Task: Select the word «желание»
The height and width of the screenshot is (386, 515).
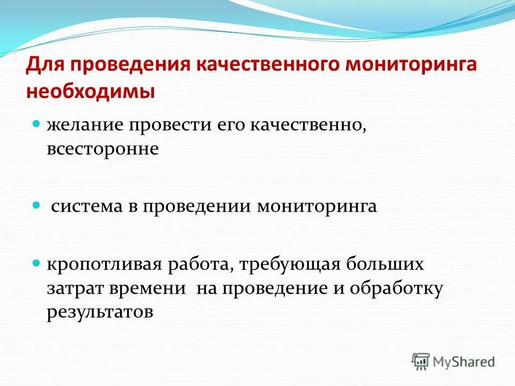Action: coord(83,125)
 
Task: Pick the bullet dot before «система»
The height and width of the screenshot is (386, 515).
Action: coord(36,205)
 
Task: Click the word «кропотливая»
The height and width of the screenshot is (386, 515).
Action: coord(105,265)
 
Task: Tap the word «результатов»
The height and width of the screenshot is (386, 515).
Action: coord(100,312)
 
